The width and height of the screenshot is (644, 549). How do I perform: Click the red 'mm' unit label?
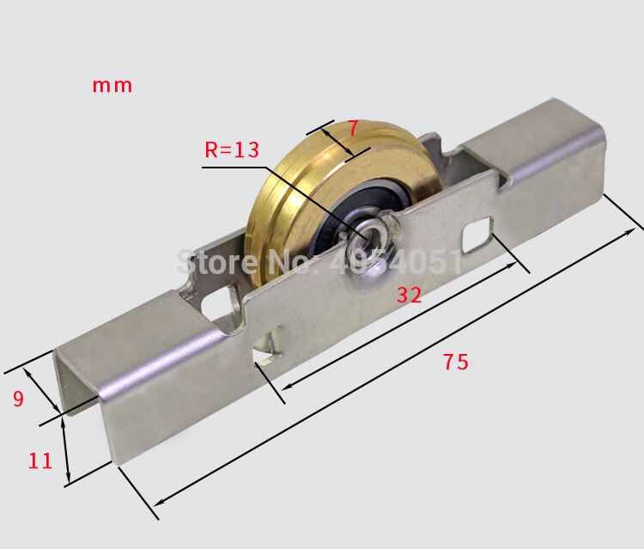(112, 85)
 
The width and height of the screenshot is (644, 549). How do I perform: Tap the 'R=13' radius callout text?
(231, 150)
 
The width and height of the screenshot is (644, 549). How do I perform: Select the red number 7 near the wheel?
(351, 128)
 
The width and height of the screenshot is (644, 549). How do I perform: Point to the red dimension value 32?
(409, 296)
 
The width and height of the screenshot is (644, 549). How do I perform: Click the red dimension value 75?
(456, 363)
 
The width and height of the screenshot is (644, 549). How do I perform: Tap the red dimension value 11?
(39, 461)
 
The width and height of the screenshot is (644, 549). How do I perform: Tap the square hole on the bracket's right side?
(476, 235)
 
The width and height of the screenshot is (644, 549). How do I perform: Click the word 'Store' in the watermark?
(209, 260)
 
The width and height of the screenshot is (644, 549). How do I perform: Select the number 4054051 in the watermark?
(403, 260)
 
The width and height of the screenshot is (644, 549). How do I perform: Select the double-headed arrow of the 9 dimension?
(41, 390)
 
